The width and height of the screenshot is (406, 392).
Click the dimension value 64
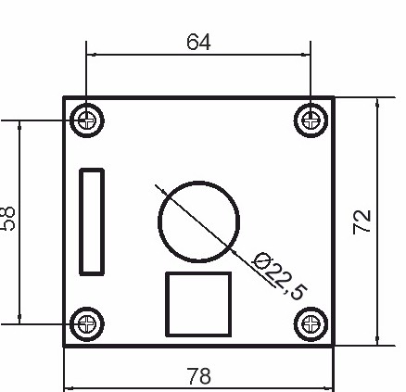(199, 43)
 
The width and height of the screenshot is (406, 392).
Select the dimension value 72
(362, 221)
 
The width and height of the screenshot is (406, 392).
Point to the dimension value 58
(8, 219)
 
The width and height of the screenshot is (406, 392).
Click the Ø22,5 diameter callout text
(279, 275)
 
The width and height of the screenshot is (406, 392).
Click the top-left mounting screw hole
(88, 119)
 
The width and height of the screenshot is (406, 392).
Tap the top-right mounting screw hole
(311, 119)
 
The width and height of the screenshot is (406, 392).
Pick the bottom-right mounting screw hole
(311, 322)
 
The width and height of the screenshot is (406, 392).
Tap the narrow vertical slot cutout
(92, 221)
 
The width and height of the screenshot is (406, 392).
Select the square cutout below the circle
(197, 303)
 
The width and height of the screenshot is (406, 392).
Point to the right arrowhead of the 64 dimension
(307, 54)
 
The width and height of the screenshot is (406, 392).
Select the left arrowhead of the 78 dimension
(68, 388)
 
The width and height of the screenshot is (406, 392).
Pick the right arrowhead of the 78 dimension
(328, 388)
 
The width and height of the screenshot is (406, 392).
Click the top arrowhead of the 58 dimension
(19, 123)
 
